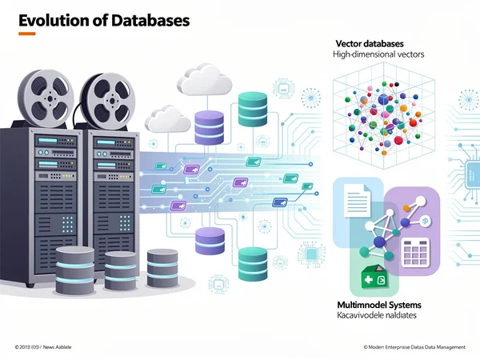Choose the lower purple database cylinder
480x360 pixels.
point(210,240)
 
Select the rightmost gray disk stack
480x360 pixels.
point(162,266)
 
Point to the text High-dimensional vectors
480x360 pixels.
point(378,54)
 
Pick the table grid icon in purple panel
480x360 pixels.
point(416,253)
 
